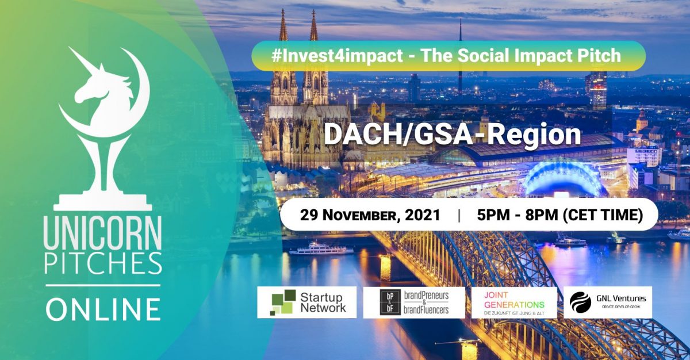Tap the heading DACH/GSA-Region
(x=452, y=135)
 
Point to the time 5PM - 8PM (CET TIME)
(x=559, y=216)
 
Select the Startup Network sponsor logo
(x=306, y=302)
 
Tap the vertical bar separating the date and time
(x=459, y=216)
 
